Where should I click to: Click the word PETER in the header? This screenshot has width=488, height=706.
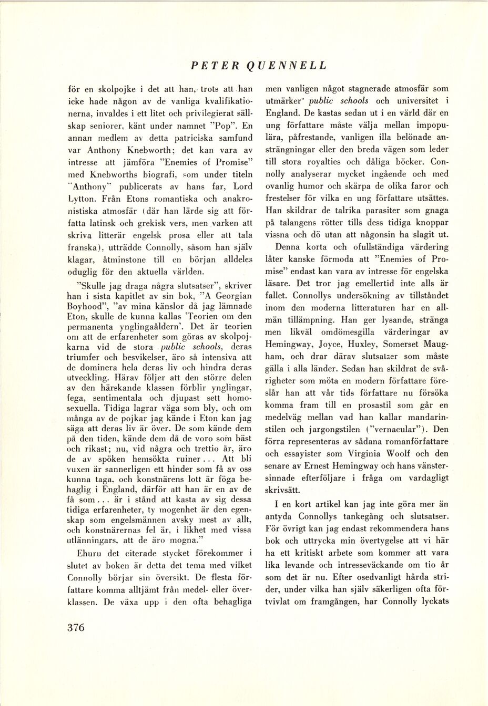pyautogui.click(x=211, y=66)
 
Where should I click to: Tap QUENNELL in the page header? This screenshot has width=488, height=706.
pyautogui.click(x=284, y=66)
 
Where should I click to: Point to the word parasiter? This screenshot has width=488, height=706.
pyautogui.click(x=399, y=211)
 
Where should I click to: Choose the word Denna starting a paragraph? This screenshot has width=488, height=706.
pyautogui.click(x=294, y=247)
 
